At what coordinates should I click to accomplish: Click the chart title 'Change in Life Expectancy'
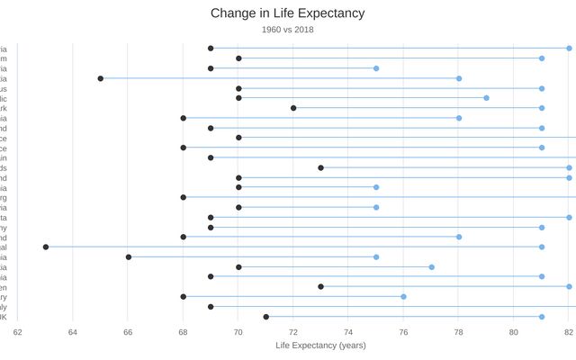coord(287,13)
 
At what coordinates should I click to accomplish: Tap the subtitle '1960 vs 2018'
coord(287,30)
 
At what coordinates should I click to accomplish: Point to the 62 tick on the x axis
coord(17,331)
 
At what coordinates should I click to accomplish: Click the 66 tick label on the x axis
coord(128,331)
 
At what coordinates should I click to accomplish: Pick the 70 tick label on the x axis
coord(238,331)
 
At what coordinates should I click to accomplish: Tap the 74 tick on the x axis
coord(348,331)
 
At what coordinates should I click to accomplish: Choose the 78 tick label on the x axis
coord(459,331)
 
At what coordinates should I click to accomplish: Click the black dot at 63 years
coord(45,247)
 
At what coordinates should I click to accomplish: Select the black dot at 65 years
coord(100,78)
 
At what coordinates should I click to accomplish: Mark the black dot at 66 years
coord(128,256)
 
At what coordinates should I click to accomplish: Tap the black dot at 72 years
coord(293,108)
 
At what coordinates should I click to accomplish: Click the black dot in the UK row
coord(265,317)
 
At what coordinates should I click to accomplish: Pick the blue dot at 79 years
coord(486,98)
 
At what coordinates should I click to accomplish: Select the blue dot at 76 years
coord(403,296)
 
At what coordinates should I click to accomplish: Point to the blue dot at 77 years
coord(431,266)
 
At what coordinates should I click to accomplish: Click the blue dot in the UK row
coord(542,317)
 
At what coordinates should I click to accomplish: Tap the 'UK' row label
coord(4,317)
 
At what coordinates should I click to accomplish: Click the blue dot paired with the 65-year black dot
coord(459,78)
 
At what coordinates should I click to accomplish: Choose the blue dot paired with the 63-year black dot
coord(542,247)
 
